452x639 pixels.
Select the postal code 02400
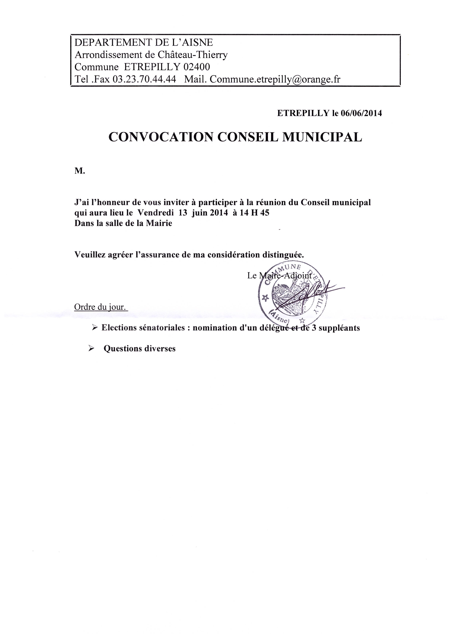coord(197,67)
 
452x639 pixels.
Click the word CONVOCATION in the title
coord(161,137)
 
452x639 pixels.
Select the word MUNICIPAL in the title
coord(322,137)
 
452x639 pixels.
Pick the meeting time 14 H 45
coord(255,213)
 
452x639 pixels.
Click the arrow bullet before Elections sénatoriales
coord(95,328)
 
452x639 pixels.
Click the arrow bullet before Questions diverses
coord(91,348)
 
